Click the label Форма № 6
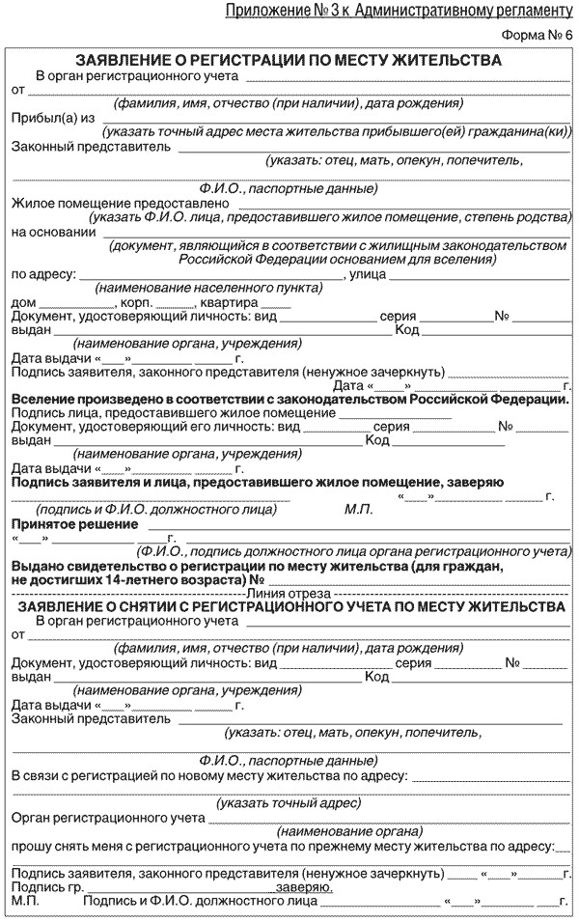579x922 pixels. [x=537, y=36]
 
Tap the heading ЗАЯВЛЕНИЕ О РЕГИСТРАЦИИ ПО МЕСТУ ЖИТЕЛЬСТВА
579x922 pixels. [x=289, y=60]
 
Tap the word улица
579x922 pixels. [x=366, y=274]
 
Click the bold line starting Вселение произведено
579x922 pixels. [x=289, y=398]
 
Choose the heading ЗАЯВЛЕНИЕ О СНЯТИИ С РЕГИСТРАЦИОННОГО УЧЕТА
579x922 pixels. [x=289, y=606]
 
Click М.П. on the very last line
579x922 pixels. [x=25, y=901]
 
